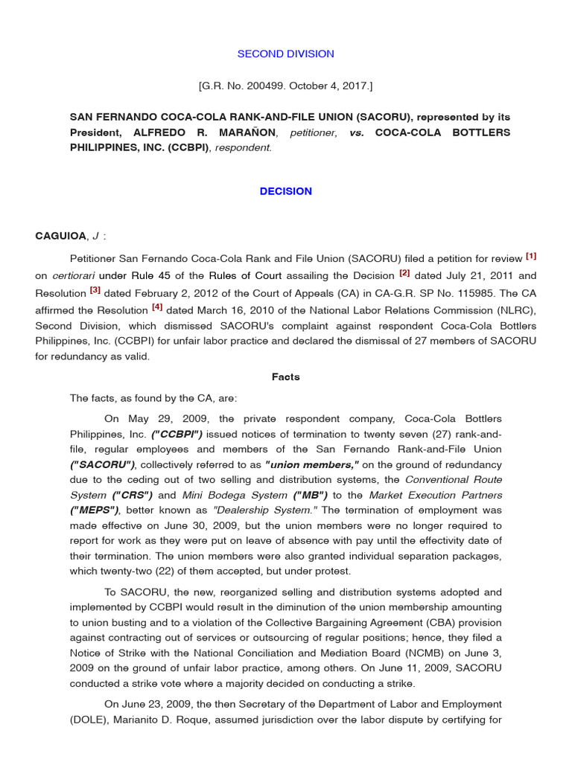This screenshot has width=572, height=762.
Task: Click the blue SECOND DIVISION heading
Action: (285, 54)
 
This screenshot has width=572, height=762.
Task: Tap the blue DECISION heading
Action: (285, 191)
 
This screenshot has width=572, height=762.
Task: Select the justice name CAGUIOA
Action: (61, 237)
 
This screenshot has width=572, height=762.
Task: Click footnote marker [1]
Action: (531, 257)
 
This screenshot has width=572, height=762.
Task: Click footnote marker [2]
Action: (404, 273)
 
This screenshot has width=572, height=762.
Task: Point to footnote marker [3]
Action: (95, 290)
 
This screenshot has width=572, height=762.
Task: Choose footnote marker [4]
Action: (157, 307)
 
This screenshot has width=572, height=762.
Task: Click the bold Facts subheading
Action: (285, 377)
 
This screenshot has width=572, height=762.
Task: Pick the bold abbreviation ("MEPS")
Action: (93, 510)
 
